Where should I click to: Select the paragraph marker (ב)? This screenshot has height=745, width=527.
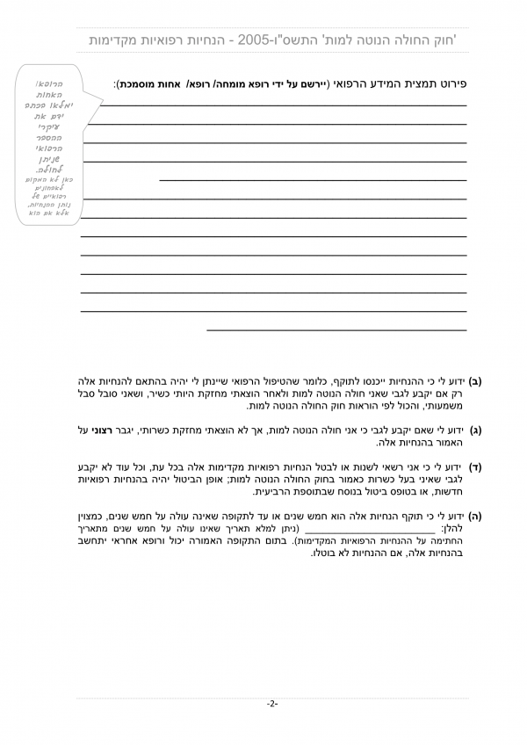[475, 383]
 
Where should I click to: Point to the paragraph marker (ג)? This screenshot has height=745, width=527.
[475, 430]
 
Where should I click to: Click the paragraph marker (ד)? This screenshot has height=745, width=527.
[475, 467]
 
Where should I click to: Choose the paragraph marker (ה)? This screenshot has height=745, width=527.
[475, 518]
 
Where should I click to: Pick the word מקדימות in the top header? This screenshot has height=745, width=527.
[120, 40]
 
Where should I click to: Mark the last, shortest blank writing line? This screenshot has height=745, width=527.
[336, 330]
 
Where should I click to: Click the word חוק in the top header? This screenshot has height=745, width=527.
[446, 40]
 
